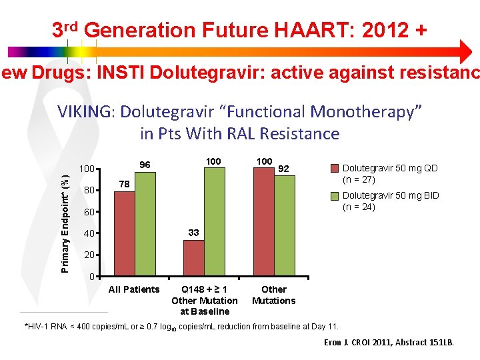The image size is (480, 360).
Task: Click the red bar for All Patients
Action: click(x=125, y=234)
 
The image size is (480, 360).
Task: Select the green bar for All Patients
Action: click(x=145, y=225)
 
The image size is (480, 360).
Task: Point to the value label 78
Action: click(x=125, y=183)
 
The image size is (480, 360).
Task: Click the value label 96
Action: click(x=145, y=165)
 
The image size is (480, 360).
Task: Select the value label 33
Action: click(x=193, y=233)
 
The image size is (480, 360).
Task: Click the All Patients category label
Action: click(x=134, y=289)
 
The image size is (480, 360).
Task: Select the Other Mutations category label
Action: click(x=273, y=295)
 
